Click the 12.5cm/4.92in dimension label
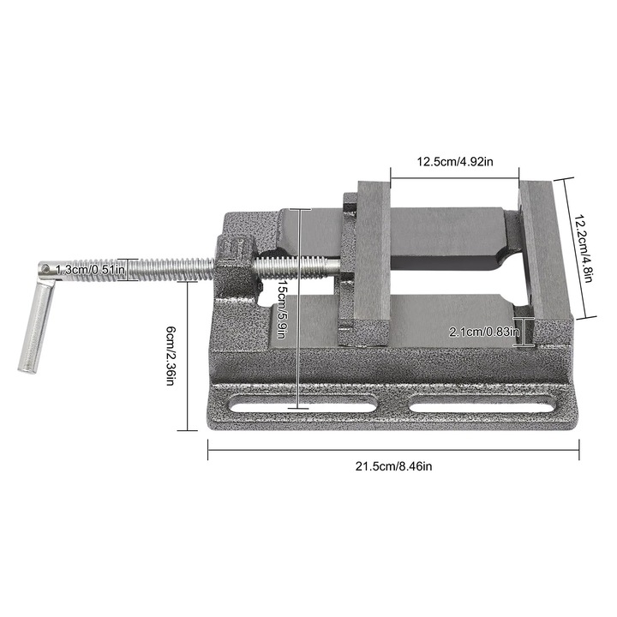coord(454,161)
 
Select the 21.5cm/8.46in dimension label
coord(395,466)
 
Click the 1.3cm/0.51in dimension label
coord(91,270)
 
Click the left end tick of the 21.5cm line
coord(208,450)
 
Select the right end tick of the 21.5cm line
coord(580,450)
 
